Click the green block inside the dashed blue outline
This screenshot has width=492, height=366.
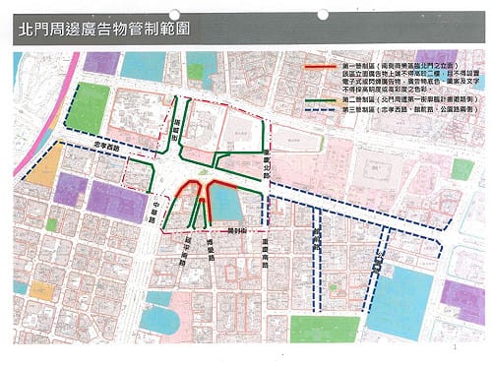click(x=90, y=106)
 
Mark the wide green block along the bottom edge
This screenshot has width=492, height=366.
click(x=324, y=328)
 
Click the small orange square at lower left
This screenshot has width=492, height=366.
click(x=40, y=290)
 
